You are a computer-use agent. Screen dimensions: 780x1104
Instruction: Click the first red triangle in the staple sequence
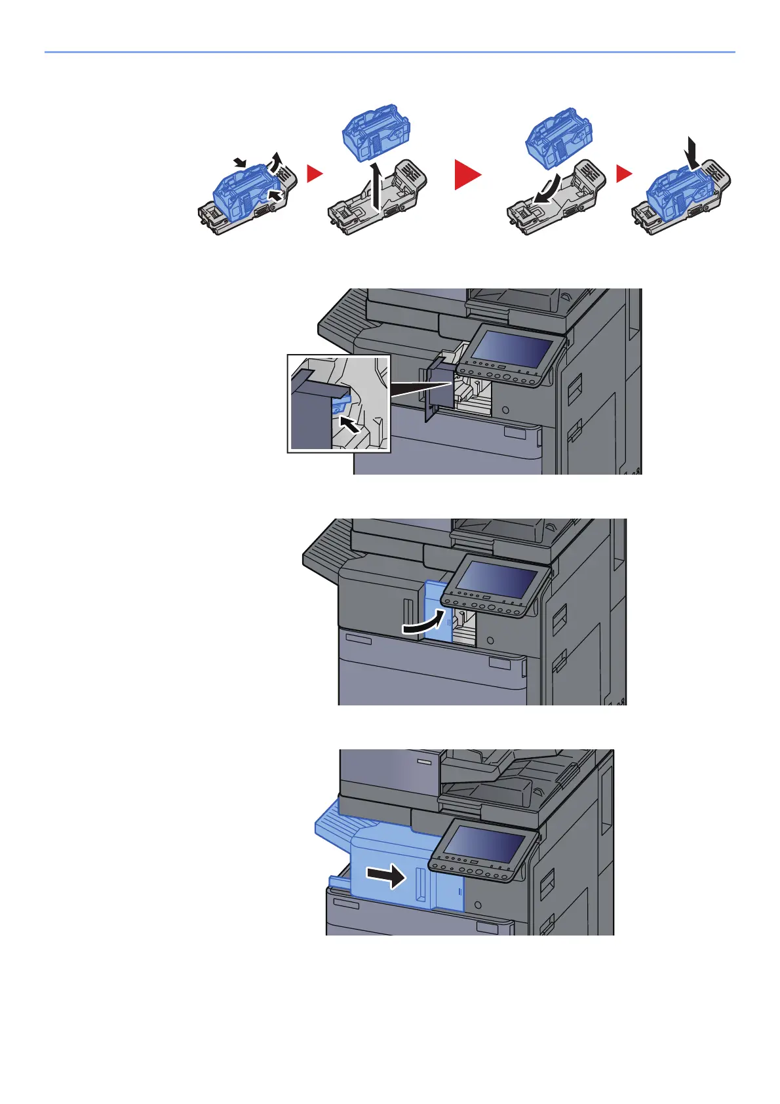pos(315,174)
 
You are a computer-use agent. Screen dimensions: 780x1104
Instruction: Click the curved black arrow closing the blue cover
pos(423,623)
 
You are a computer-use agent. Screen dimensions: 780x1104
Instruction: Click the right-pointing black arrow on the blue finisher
pos(387,875)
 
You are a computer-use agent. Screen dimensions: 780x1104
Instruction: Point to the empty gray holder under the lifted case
pos(380,200)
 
